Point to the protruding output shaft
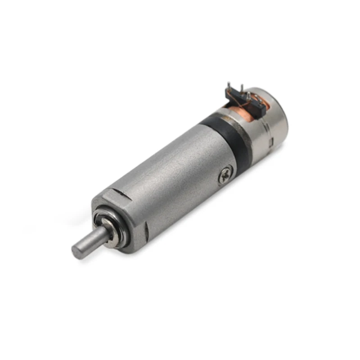90,241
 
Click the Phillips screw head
225,175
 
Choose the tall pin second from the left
242,88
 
